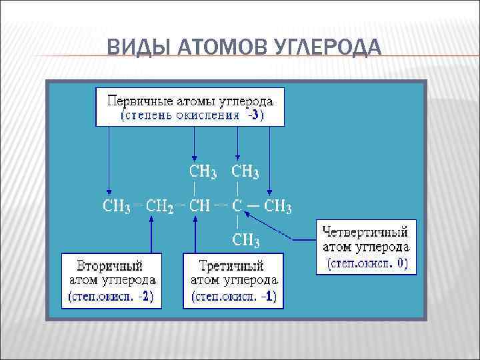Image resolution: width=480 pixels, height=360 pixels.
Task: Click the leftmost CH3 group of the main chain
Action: [x=116, y=207]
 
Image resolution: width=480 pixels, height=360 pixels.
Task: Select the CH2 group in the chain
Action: [x=160, y=207]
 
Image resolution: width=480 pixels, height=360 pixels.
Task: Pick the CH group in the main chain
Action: [x=200, y=206]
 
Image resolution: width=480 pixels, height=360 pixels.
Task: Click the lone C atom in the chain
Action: [x=237, y=206]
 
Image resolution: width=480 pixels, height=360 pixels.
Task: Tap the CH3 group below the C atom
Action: [x=245, y=239]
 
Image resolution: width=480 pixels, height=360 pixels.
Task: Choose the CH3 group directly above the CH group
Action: [x=203, y=172]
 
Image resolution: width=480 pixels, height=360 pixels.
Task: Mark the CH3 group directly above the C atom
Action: [x=245, y=172]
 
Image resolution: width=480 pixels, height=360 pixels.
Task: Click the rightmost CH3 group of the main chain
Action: [x=278, y=207]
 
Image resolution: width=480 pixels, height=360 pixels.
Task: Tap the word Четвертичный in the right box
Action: [x=365, y=233]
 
